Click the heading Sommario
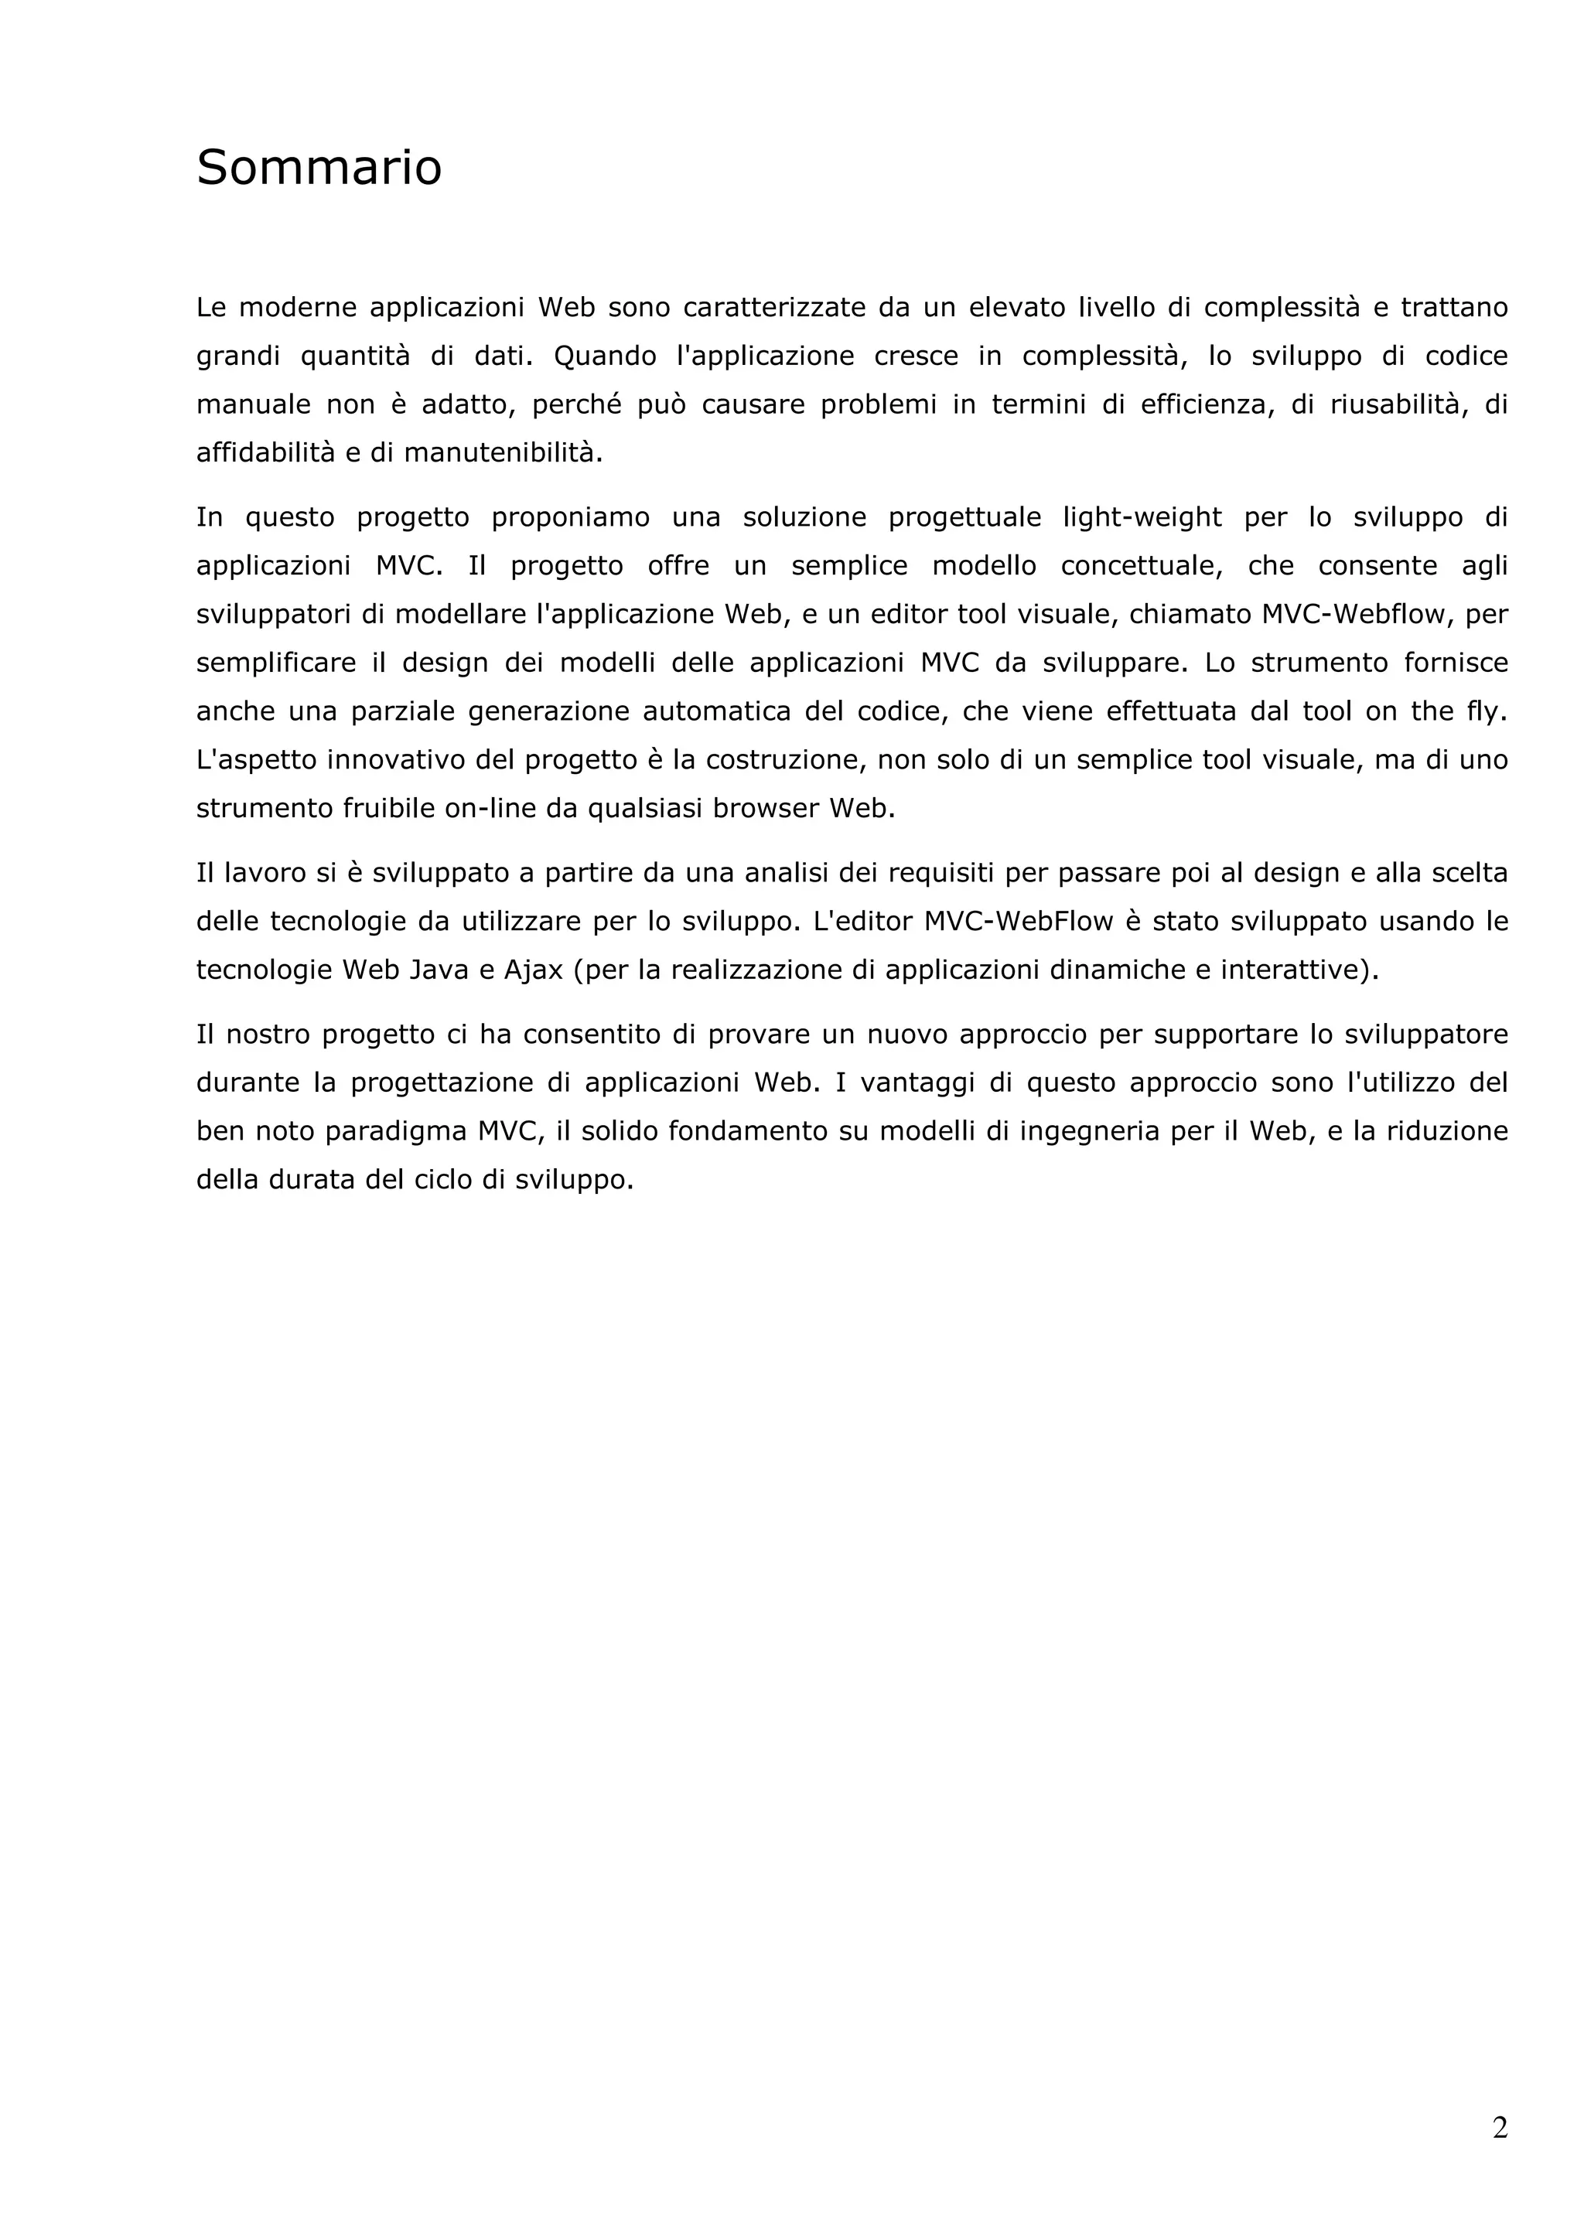(319, 167)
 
